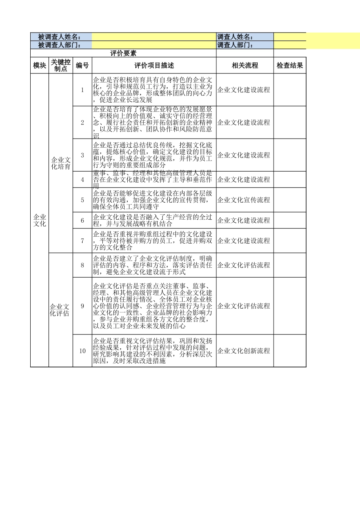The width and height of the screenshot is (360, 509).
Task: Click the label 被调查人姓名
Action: pyautogui.click(x=59, y=37)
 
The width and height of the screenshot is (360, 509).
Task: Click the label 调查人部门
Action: pyautogui.click(x=235, y=45)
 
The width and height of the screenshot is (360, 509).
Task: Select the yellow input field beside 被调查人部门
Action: pyautogui.click(x=154, y=45)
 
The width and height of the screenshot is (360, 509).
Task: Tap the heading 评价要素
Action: pyautogui.click(x=123, y=53)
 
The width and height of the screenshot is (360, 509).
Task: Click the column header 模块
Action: pyautogui.click(x=39, y=66)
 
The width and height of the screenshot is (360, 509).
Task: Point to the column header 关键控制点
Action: pyautogui.click(x=61, y=66)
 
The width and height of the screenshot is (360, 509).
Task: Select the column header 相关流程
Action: pyautogui.click(x=245, y=66)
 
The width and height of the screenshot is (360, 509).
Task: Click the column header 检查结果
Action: pyautogui.click(x=290, y=66)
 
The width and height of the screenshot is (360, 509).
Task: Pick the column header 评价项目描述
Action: pyautogui.click(x=154, y=66)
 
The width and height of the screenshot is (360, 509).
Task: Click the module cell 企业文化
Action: pyautogui.click(x=39, y=220)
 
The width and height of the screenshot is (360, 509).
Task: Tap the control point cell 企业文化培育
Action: pyautogui.click(x=61, y=163)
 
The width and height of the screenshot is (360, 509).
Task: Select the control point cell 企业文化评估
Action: pyautogui.click(x=60, y=310)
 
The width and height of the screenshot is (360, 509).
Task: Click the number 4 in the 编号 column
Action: pyautogui.click(x=82, y=180)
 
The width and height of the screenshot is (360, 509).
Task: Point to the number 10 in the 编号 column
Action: pyautogui.click(x=82, y=351)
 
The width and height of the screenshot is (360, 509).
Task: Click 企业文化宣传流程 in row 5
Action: pyautogui.click(x=244, y=200)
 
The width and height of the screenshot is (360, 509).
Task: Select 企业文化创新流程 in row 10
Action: pyautogui.click(x=244, y=351)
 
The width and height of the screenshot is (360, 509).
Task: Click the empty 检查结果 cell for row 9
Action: pyautogui.click(x=290, y=306)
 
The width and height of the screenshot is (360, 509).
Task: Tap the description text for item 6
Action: pyautogui.click(x=153, y=220)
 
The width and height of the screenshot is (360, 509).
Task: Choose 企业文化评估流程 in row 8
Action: pyautogui.click(x=244, y=265)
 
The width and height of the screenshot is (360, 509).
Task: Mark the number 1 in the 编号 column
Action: pyautogui.click(x=82, y=90)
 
